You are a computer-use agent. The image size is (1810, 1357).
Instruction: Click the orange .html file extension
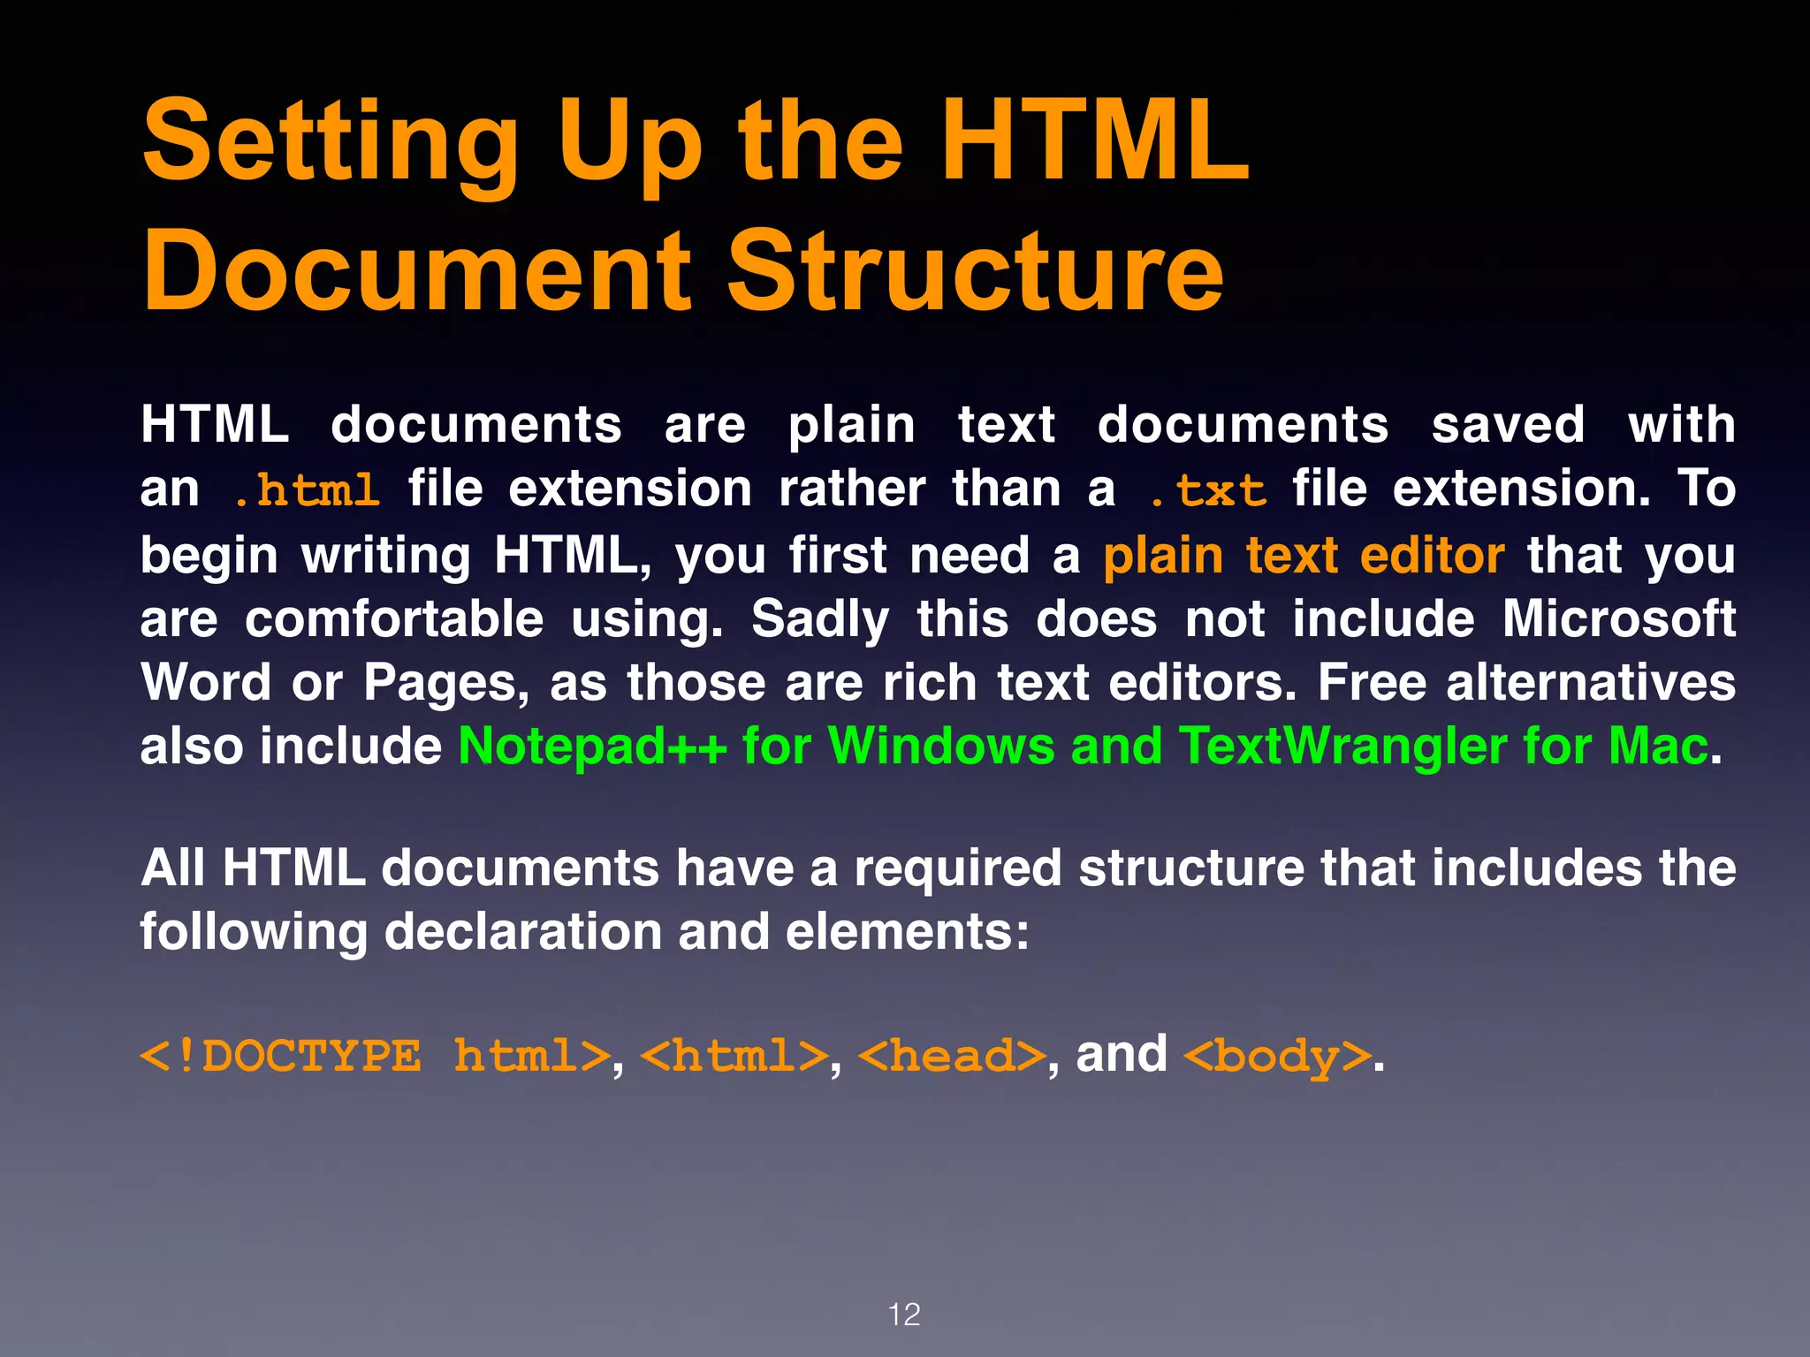pos(307,490)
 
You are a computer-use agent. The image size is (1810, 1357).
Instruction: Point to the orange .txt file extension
pos(1208,490)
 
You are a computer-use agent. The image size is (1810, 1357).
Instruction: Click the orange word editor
pos(1432,556)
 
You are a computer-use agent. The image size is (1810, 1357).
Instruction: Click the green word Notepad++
pos(592,747)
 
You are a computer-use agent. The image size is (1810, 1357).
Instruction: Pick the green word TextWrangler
pos(1343,747)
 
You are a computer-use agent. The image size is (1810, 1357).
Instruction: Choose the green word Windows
pos(941,747)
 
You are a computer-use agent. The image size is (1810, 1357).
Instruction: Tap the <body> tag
pos(1277,1057)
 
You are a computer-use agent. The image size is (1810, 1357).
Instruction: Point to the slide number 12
pos(904,1315)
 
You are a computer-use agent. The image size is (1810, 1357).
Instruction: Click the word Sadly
pos(820,619)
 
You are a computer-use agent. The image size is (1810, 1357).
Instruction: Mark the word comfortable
pos(394,618)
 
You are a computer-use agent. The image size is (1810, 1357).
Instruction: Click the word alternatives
pos(1591,683)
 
